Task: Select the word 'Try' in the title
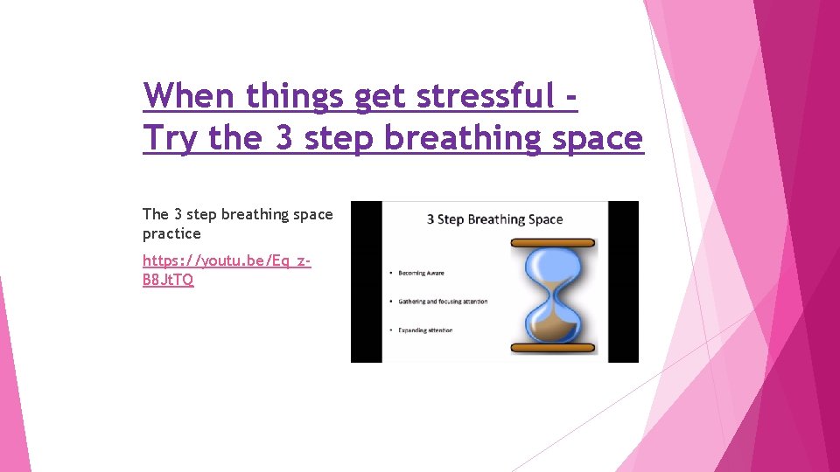click(171, 138)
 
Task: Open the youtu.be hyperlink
click(227, 270)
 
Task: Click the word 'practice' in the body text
click(171, 234)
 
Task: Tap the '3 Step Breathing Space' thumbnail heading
click(494, 219)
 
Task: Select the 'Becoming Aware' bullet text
click(421, 273)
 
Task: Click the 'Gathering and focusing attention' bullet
click(443, 302)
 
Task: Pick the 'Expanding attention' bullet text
click(425, 330)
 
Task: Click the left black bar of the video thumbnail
click(367, 281)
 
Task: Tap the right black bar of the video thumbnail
click(623, 281)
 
